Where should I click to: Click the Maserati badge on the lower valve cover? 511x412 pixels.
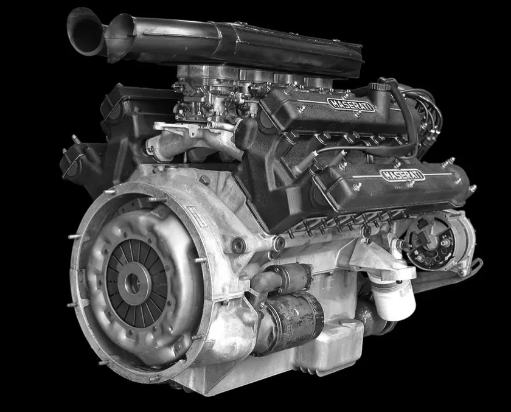coord(403,175)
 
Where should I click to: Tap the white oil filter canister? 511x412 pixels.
coord(394,299)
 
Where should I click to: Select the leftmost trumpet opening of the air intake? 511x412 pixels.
coord(85,32)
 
